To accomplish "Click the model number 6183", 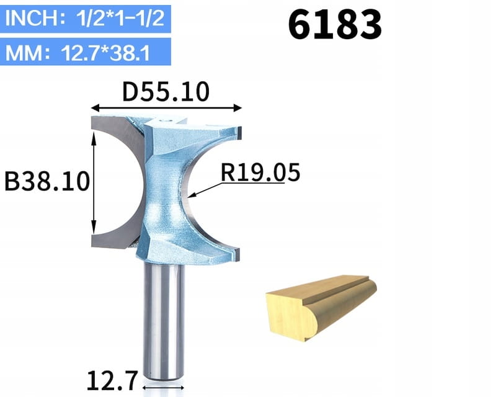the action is [x=335, y=25].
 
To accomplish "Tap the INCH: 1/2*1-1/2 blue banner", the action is [x=85, y=19].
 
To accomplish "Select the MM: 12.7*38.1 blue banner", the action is [x=85, y=52].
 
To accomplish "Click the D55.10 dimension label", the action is [x=166, y=92].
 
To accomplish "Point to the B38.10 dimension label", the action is [x=47, y=181].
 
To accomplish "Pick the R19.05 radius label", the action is [x=260, y=172].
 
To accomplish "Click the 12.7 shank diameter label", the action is [x=112, y=381].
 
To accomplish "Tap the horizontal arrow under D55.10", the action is [x=166, y=108].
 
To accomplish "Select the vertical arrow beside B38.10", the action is [x=94, y=183].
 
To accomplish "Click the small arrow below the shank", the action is [x=163, y=388].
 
